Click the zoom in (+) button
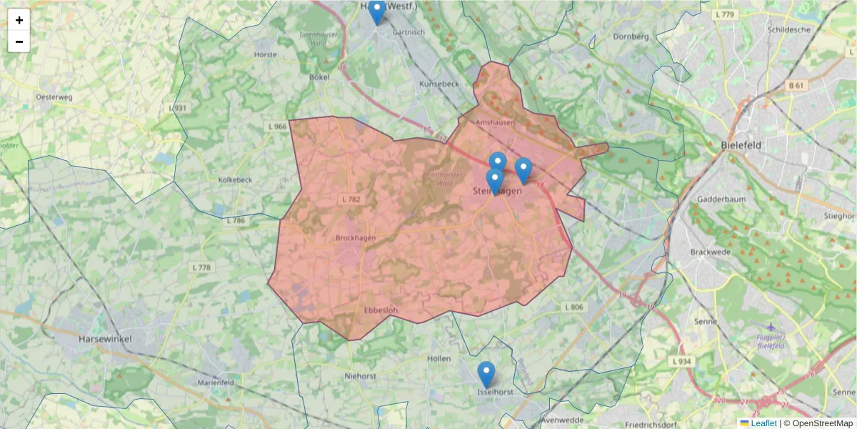[19, 20]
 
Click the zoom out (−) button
[19, 41]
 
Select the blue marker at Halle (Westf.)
[377, 11]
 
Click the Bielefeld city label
[741, 145]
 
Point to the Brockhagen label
[355, 238]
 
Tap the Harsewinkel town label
[105, 338]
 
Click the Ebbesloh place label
[381, 310]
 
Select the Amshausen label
[495, 122]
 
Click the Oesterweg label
[55, 96]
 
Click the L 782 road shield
[351, 199]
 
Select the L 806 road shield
[573, 307]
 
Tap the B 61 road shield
[796, 86]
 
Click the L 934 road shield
[682, 362]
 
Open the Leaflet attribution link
[763, 423]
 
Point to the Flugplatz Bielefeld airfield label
[776, 341]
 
